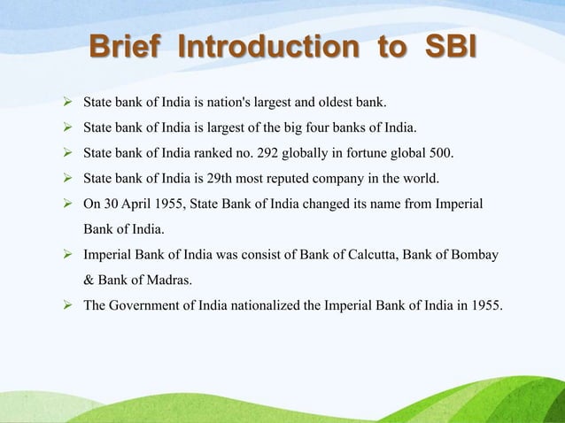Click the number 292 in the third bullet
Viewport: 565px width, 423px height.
pyautogui.click(x=268, y=153)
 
